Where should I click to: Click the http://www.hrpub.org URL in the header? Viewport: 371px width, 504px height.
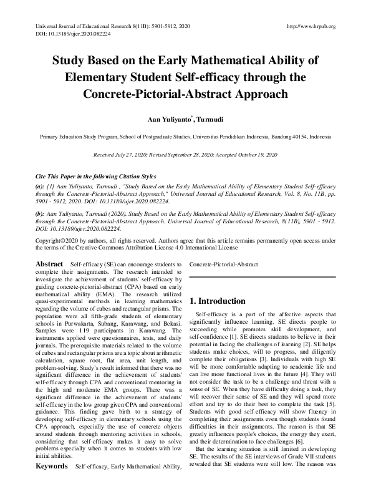(x=310, y=26)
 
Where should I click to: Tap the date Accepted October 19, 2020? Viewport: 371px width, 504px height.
(x=246, y=153)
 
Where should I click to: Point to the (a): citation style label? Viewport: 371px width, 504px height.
(x=41, y=186)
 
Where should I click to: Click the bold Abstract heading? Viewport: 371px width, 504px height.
(x=49, y=264)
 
